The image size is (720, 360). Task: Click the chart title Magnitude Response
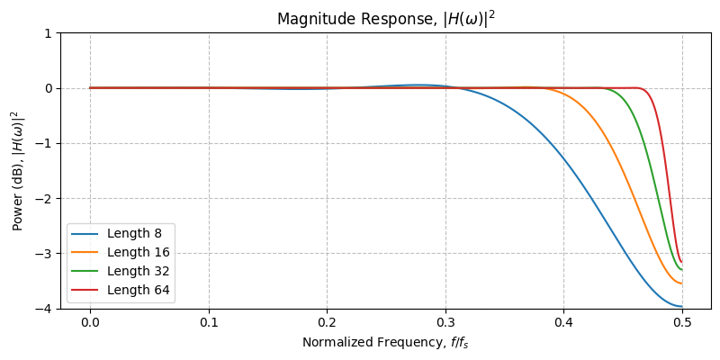pos(385,19)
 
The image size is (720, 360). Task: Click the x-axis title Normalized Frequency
pos(385,342)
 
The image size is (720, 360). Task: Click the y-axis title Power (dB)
pos(17,170)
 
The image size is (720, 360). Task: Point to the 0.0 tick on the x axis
pos(90,320)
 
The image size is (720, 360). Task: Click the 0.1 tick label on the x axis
pos(209,320)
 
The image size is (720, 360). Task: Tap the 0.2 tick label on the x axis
pos(327,320)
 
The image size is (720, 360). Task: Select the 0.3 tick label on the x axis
pos(445,320)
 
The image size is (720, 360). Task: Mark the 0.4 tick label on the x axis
pos(563,320)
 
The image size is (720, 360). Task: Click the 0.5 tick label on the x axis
pos(682,320)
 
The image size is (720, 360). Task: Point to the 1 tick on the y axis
pos(49,33)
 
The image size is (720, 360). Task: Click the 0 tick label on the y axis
pos(49,88)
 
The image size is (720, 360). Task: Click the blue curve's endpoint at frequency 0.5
pos(682,306)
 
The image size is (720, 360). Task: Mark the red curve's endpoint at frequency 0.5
pos(682,262)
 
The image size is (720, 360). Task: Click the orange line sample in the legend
pos(85,253)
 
